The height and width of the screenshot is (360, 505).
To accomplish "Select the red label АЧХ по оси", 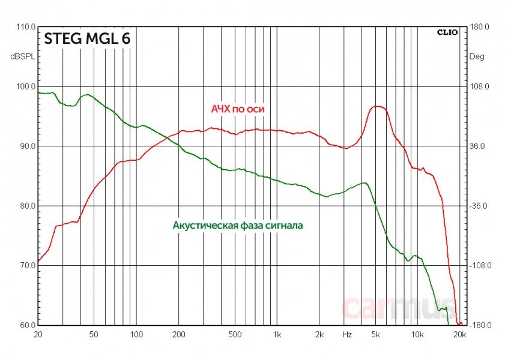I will [x=237, y=109].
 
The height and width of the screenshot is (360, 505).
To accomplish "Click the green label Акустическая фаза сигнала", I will [x=238, y=226].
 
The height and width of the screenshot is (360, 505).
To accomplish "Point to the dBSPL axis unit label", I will [x=22, y=57].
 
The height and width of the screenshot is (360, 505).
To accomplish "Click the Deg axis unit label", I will [x=476, y=57].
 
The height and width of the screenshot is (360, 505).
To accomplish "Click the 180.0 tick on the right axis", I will [x=478, y=27].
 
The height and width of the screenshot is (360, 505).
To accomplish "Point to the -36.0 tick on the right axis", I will [x=478, y=206].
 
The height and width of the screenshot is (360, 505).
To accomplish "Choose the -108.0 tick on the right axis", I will [x=478, y=266].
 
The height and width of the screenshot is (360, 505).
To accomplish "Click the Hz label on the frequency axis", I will [x=348, y=334].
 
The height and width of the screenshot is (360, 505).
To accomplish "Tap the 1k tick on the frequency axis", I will [x=277, y=334].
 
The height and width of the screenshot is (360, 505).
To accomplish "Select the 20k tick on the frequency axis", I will [x=458, y=334].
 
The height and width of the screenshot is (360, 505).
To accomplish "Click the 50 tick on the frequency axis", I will [x=93, y=334].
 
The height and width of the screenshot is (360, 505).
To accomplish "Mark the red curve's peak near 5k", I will [x=377, y=106].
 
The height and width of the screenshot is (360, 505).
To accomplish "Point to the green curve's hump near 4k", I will [x=363, y=183].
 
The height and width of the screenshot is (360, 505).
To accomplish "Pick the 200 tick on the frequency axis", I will [x=178, y=334].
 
